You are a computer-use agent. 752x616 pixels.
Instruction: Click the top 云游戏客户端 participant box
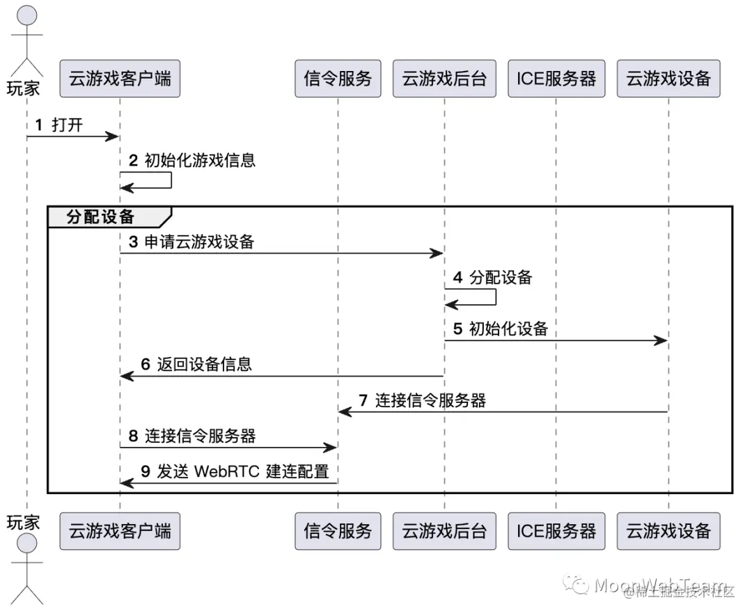(120, 79)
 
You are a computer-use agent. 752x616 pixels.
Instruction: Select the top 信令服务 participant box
(338, 79)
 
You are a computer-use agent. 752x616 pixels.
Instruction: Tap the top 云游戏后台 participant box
(444, 79)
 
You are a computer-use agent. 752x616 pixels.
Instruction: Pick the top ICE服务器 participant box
(556, 79)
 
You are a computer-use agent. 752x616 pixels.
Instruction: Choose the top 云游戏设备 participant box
(668, 79)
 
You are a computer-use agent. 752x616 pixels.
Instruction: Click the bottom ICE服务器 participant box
(556, 531)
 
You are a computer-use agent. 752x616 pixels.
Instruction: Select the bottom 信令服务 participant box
(338, 531)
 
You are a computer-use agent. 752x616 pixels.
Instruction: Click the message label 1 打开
(59, 125)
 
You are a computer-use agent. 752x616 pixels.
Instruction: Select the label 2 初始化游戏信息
(192, 161)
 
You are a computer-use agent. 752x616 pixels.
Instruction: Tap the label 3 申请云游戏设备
(191, 242)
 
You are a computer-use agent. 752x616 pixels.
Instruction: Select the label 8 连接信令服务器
(192, 436)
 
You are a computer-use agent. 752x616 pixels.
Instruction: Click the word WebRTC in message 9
(226, 472)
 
